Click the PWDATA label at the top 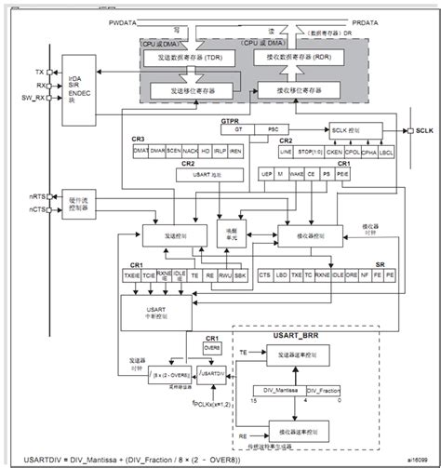(x=123, y=20)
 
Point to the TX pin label (x=39, y=72)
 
